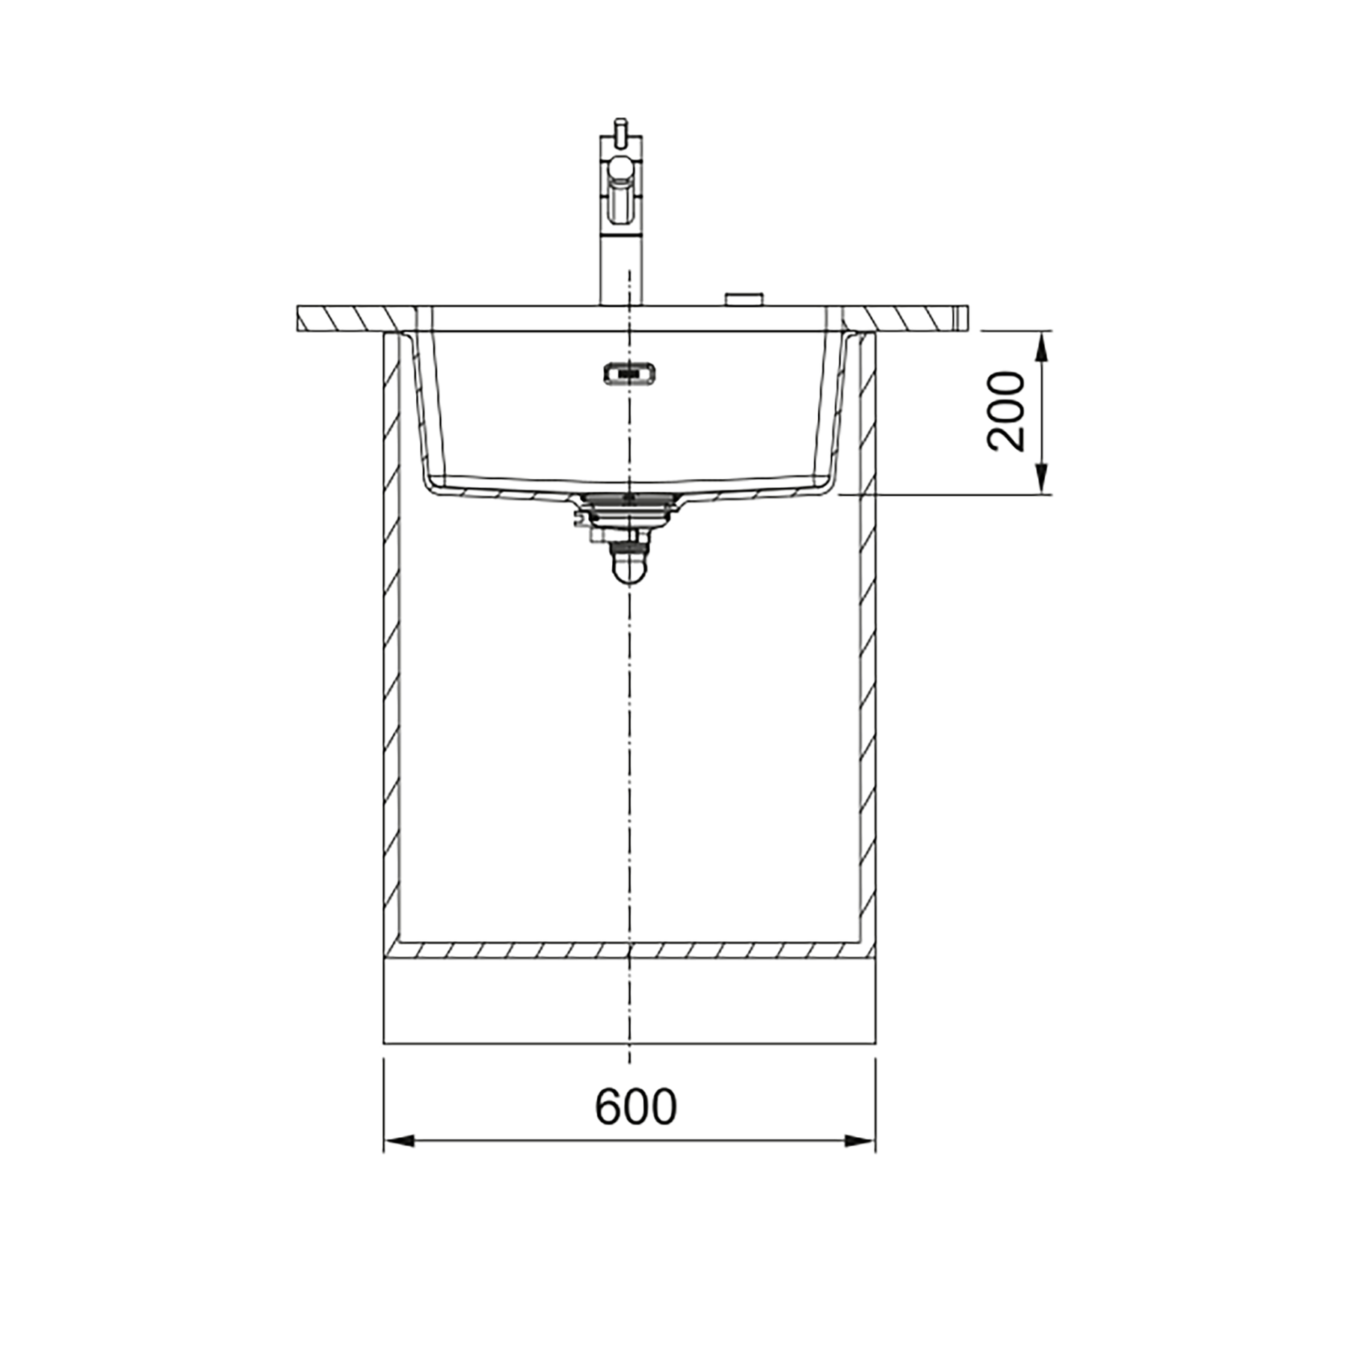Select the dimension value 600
(635, 1106)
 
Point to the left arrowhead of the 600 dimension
(399, 1141)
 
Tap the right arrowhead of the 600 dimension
(860, 1141)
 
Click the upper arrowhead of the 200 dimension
(1041, 347)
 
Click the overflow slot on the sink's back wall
(629, 373)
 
